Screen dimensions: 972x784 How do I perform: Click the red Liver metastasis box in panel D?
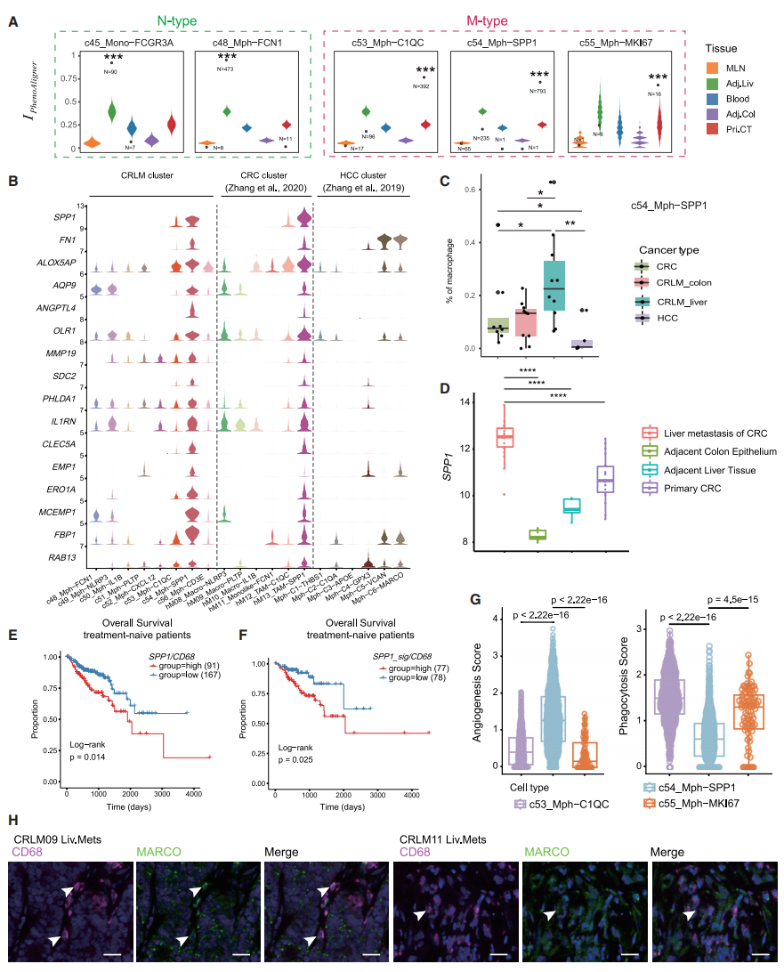tap(505, 436)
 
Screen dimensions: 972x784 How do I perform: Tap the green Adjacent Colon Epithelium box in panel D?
tap(538, 534)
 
